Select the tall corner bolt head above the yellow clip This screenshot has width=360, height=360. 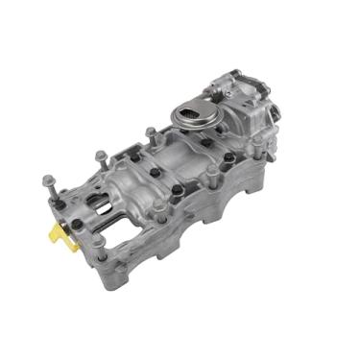[x=47, y=179]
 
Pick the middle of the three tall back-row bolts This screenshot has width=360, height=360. [x=100, y=154]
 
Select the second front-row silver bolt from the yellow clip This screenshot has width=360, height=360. [x=157, y=204]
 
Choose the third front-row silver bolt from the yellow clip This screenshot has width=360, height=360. [x=210, y=172]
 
